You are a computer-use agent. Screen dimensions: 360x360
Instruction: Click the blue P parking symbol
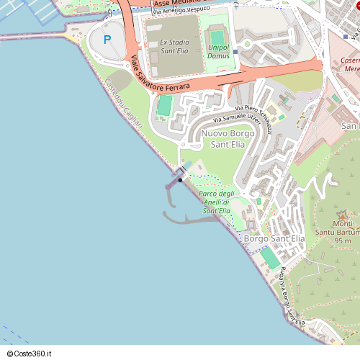click(x=108, y=40)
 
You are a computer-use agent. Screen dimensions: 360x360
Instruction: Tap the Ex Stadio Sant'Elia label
click(x=174, y=47)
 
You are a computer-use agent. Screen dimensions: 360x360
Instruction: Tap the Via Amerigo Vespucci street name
click(x=181, y=10)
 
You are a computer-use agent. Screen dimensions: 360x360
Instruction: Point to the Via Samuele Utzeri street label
click(x=236, y=117)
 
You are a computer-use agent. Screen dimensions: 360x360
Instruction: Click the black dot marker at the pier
click(x=180, y=180)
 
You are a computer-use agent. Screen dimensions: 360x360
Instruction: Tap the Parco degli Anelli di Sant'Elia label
click(x=217, y=202)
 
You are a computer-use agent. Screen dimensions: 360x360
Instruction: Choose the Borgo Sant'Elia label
click(x=274, y=238)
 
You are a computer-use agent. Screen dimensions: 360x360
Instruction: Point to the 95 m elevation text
click(x=343, y=241)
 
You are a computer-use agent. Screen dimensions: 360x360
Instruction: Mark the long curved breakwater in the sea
click(x=189, y=217)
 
